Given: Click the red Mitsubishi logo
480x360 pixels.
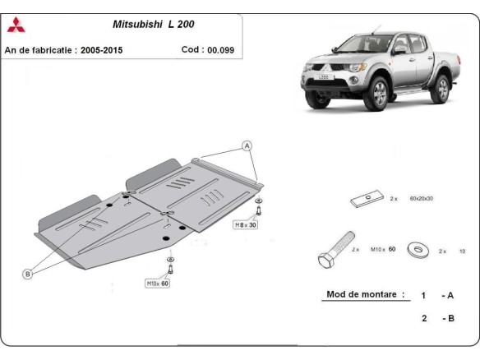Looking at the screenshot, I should point(16,25).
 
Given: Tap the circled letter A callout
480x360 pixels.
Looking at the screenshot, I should point(246,146).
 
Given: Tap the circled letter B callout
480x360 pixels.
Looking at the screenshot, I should point(27,274).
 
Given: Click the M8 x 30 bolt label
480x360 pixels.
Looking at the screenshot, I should point(245,224).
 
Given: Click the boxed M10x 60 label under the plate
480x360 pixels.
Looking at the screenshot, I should point(158,284).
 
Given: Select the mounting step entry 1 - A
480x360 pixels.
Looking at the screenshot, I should point(437,295).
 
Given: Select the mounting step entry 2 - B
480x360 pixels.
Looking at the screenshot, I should point(437,317).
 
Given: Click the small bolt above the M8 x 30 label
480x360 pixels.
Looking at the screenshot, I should point(259,208).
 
